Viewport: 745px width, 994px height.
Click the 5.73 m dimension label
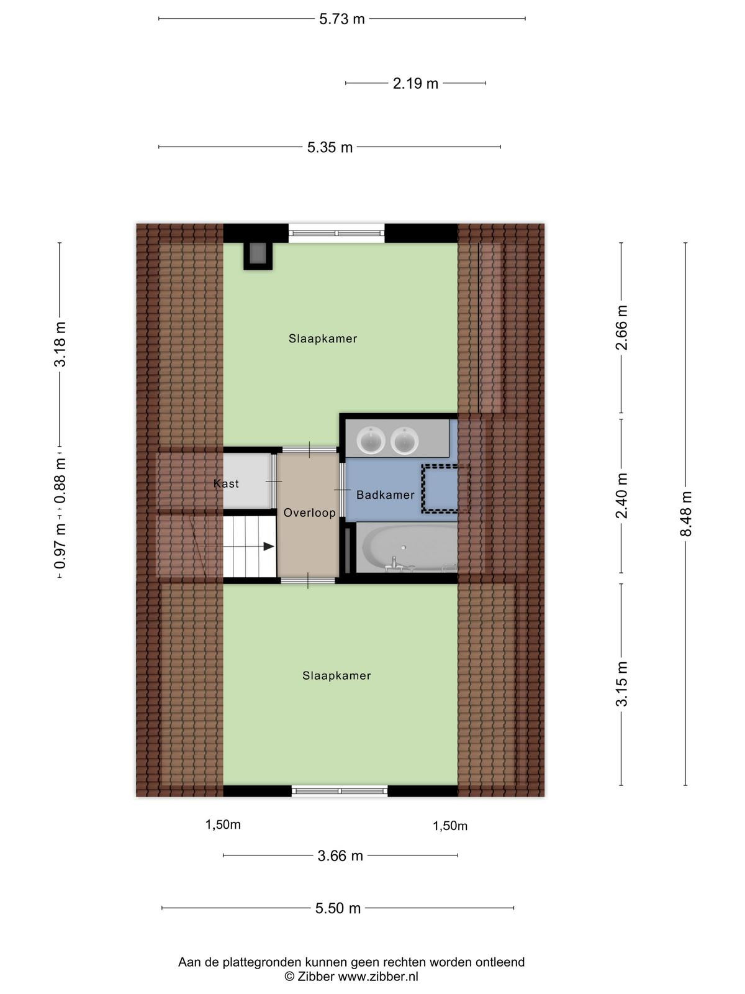(x=341, y=19)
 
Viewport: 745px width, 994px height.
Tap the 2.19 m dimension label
(x=415, y=83)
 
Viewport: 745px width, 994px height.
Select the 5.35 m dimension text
(x=330, y=147)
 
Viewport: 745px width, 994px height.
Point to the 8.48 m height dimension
(x=686, y=514)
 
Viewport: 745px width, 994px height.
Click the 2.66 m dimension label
(x=621, y=327)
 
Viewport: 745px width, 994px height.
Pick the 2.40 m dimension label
(x=621, y=496)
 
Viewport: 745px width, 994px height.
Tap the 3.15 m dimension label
(x=621, y=684)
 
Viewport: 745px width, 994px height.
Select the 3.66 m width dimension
(x=340, y=855)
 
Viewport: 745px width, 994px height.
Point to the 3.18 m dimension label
(x=60, y=344)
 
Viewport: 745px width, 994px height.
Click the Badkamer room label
(x=386, y=495)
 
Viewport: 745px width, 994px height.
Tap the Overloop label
(x=309, y=513)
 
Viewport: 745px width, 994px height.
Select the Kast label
(x=226, y=483)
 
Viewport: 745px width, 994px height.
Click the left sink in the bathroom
(x=371, y=440)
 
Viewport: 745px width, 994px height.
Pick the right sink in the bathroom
(x=405, y=440)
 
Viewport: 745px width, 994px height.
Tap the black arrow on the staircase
(x=269, y=547)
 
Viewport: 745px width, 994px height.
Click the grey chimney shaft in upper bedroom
(x=258, y=257)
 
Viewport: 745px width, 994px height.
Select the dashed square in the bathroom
(x=446, y=489)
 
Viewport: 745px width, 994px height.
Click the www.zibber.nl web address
(x=378, y=977)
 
